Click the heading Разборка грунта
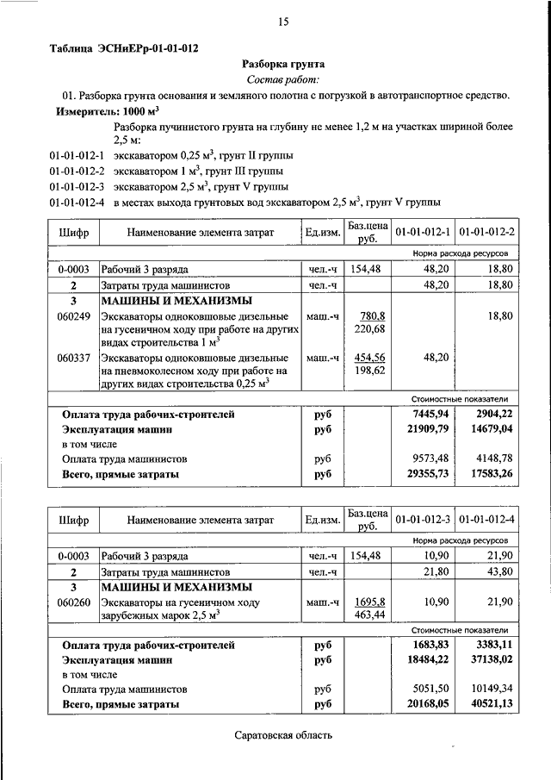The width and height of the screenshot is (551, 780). pos(282,64)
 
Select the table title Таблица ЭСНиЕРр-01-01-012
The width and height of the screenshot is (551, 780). pos(128,48)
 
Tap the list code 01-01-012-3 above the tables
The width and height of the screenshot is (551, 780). pos(77,186)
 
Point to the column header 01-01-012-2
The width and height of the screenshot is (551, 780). pos(486,233)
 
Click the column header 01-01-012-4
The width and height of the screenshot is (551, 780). pos(486,521)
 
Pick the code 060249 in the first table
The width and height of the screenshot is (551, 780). pos(74,316)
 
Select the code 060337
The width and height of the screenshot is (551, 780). pos(74,358)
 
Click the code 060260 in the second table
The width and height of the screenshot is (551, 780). pos(74,604)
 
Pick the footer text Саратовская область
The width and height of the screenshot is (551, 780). pos(282,736)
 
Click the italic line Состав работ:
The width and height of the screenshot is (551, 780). pos(282,79)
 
